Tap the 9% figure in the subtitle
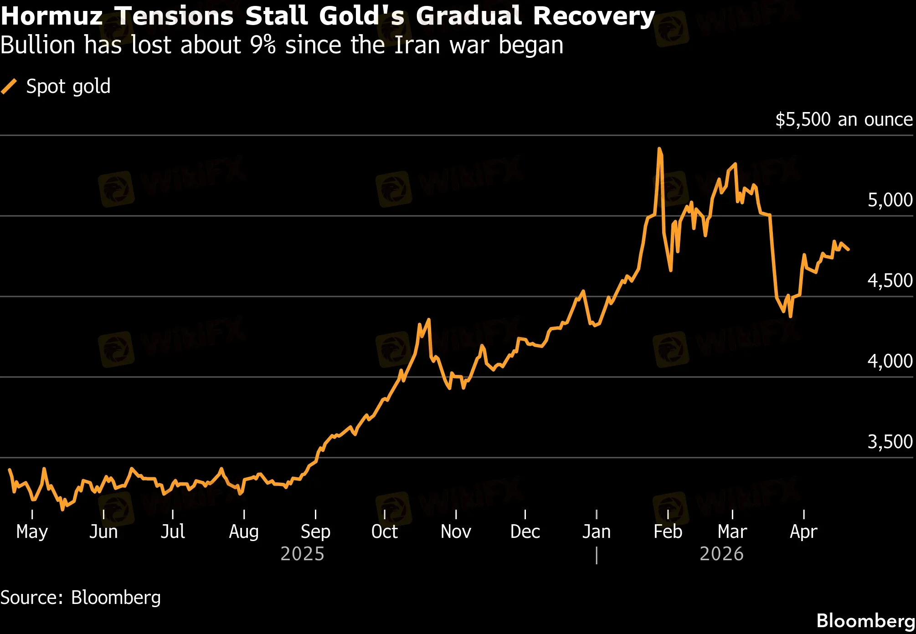pyautogui.click(x=262, y=45)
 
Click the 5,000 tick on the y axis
pyautogui.click(x=890, y=200)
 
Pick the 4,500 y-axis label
pyautogui.click(x=890, y=281)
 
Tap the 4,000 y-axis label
pyautogui.click(x=890, y=361)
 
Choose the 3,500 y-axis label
pyautogui.click(x=890, y=442)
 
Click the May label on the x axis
pyautogui.click(x=32, y=532)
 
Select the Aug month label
pyautogui.click(x=244, y=532)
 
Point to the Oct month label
pyautogui.click(x=385, y=532)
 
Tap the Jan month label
pyautogui.click(x=596, y=532)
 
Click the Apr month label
pyautogui.click(x=803, y=532)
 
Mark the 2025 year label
pyautogui.click(x=302, y=554)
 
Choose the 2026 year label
pyautogui.click(x=721, y=554)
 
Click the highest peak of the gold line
pyautogui.click(x=659, y=149)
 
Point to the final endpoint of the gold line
pyautogui.click(x=848, y=249)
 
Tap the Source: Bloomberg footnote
pyautogui.click(x=81, y=598)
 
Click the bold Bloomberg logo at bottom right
pyautogui.click(x=865, y=620)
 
